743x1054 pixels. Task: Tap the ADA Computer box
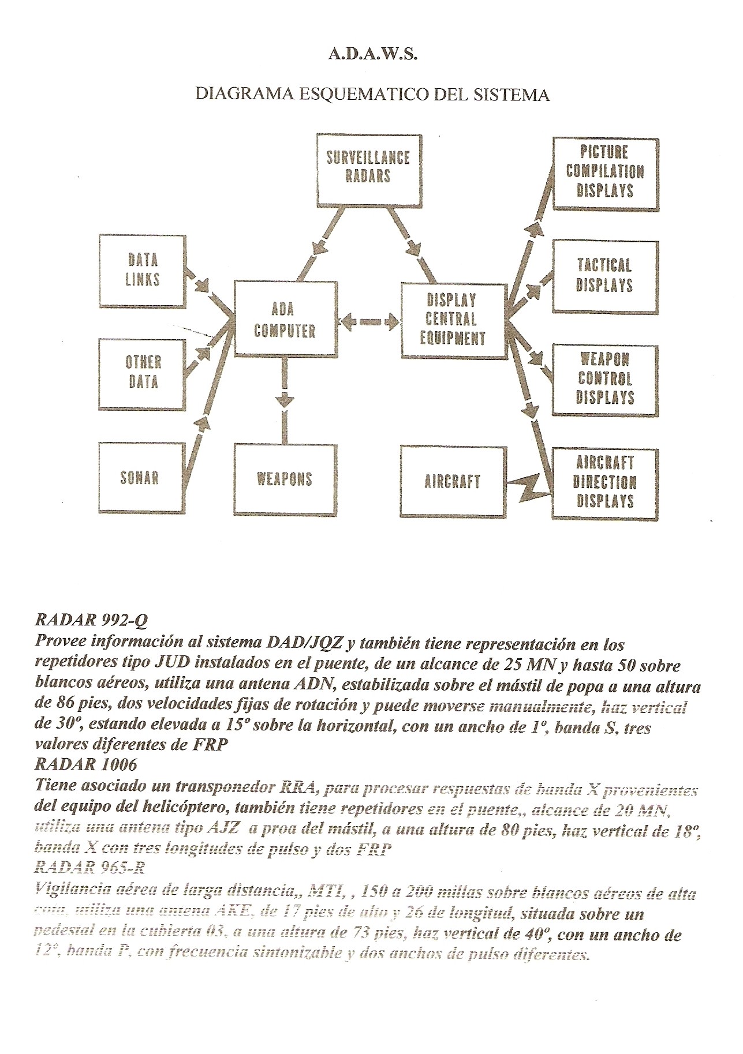pyautogui.click(x=285, y=320)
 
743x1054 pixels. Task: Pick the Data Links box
pyautogui.click(x=143, y=269)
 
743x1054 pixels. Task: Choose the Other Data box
pyautogui.click(x=142, y=373)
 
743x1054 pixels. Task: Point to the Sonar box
pyautogui.click(x=140, y=478)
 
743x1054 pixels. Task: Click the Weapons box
pyautogui.click(x=284, y=479)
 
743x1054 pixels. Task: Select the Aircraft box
pyautogui.click(x=452, y=481)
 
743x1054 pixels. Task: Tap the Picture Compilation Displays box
pyautogui.click(x=605, y=172)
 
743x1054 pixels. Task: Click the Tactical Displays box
pyautogui.click(x=605, y=276)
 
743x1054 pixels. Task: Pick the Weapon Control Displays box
pyautogui.click(x=605, y=379)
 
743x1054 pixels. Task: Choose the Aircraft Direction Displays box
pyautogui.click(x=605, y=482)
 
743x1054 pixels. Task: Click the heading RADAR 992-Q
pyautogui.click(x=92, y=621)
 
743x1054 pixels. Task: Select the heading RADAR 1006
pyautogui.click(x=86, y=765)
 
